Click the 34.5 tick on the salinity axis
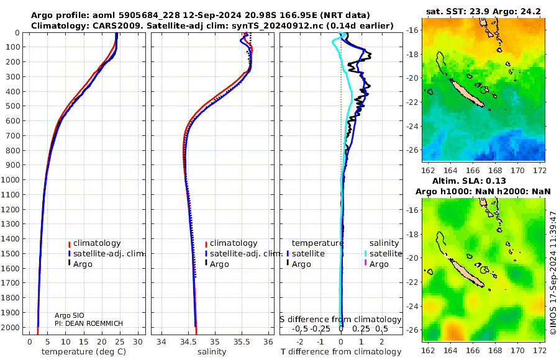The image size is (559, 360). pyautogui.click(x=188, y=341)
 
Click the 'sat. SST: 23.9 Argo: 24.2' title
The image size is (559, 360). pyautogui.click(x=484, y=12)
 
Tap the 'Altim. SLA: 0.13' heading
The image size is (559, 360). pyautogui.click(x=484, y=180)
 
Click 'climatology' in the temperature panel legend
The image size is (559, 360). pyautogui.click(x=97, y=243)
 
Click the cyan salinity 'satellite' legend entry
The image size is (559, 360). pyautogui.click(x=384, y=253)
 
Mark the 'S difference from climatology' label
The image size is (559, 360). pyautogui.click(x=340, y=319)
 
